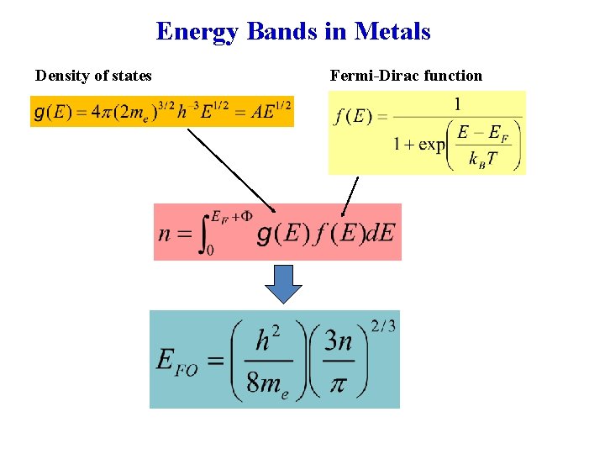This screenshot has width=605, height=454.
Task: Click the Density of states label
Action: coord(93,76)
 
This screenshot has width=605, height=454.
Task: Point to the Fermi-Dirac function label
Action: coord(406,76)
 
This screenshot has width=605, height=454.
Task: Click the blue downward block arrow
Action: coord(283,283)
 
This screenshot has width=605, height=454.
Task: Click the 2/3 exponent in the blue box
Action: coord(381,326)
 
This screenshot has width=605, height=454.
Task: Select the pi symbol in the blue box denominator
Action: coord(338,383)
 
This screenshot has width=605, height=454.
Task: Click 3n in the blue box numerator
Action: coord(338,341)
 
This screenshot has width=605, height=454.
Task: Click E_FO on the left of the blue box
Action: coord(176,362)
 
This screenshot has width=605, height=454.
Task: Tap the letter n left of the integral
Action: coord(165,233)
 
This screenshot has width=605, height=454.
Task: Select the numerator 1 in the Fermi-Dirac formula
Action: coord(457,104)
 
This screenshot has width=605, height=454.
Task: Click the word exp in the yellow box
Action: coord(432,144)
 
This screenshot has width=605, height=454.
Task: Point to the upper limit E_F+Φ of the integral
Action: coord(232,215)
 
